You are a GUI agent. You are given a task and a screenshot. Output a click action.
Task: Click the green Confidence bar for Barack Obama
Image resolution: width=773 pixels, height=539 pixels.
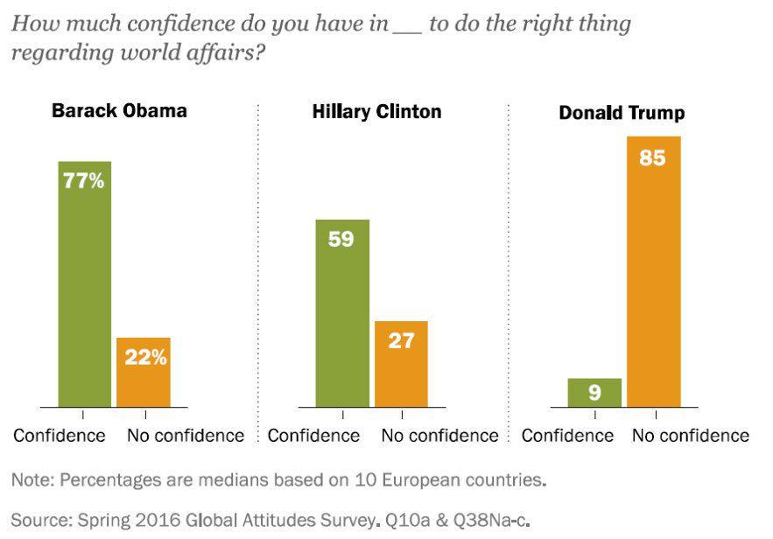pos(85,284)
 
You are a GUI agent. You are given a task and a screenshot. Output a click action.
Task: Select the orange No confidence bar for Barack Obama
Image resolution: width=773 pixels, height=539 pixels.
pos(143,372)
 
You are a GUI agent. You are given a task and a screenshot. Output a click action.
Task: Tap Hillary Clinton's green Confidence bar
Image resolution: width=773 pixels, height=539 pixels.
pos(341,313)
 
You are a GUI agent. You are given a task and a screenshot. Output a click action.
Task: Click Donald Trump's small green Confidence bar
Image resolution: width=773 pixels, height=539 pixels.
pos(594,393)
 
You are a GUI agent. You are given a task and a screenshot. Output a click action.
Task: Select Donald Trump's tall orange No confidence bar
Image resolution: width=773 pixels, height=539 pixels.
pos(653,271)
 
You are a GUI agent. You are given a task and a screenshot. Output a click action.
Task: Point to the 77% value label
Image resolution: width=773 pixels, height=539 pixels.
pos(84,182)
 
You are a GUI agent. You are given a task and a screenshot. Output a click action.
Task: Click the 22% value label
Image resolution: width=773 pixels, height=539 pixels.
pos(144,357)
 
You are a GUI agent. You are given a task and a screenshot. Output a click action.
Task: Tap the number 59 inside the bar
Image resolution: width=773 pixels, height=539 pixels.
pos(341,239)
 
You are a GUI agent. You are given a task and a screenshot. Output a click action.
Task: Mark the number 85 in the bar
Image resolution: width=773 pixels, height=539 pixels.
pos(653,158)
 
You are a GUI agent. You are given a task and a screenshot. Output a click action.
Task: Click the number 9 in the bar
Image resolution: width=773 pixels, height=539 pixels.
pos(594,393)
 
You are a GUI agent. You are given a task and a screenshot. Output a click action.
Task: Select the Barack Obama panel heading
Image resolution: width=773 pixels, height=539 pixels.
pos(119,111)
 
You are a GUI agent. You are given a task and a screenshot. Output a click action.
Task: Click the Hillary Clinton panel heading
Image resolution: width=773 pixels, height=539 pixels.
pos(376,112)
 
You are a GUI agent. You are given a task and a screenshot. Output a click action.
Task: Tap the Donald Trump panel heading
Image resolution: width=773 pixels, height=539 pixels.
pos(622,113)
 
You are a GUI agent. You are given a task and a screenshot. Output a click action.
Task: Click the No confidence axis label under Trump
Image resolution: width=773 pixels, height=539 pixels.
pos(692,435)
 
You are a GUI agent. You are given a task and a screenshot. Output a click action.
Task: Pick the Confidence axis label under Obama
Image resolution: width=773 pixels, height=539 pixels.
pos(59,435)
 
